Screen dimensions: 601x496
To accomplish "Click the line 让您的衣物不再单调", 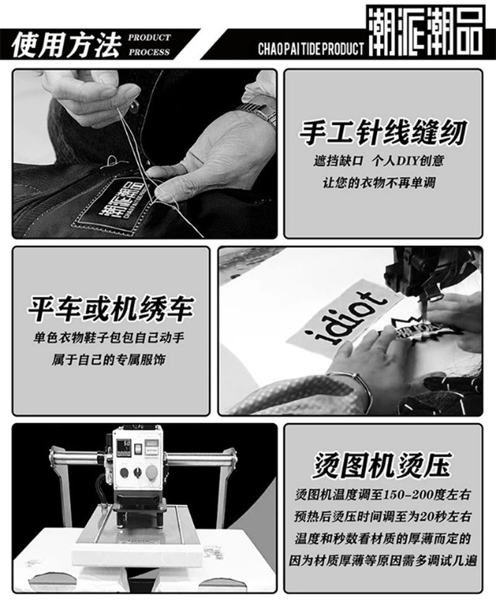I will [x=383, y=183].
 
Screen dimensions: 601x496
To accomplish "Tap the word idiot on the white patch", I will [x=350, y=319].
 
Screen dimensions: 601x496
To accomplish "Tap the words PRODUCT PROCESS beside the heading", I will [x=149, y=45].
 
